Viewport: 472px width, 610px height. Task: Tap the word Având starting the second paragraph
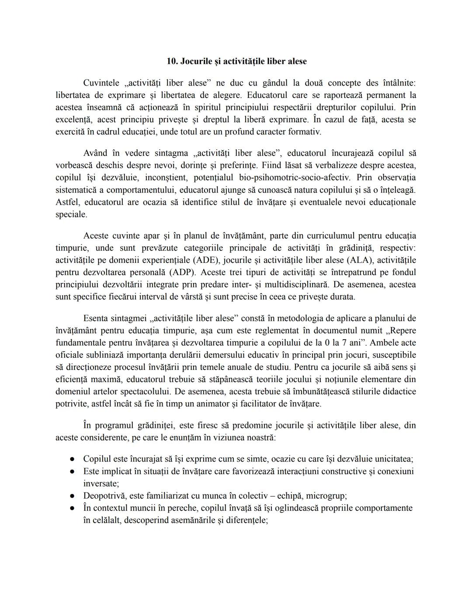[x=95, y=153]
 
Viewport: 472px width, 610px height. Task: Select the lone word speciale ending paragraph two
[x=71, y=214]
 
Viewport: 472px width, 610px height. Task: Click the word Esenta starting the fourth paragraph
[x=95, y=318]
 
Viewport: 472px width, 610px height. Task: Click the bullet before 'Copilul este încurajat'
[x=73, y=459]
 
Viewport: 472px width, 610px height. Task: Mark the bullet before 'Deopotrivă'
[x=73, y=496]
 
